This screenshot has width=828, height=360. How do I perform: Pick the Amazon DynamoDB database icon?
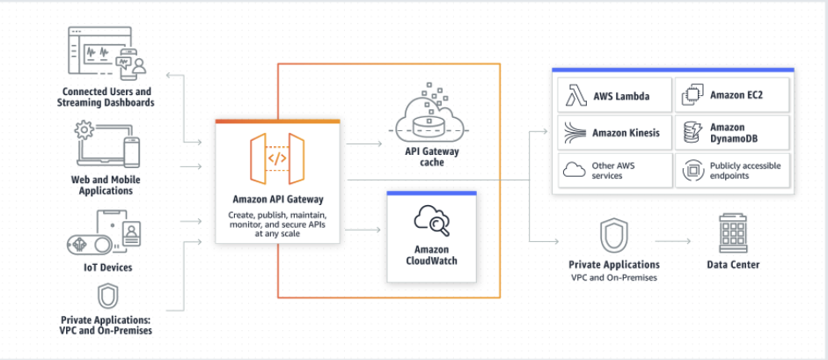pos(692,133)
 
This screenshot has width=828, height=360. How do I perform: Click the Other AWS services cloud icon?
pos(574,169)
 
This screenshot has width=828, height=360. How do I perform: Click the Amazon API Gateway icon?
pos(277,158)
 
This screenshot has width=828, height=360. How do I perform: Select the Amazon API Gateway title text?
pos(277,199)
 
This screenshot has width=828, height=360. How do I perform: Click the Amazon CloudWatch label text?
pos(431,254)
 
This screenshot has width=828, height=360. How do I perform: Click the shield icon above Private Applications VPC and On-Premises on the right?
pos(613,235)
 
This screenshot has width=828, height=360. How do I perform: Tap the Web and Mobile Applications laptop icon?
pos(106,146)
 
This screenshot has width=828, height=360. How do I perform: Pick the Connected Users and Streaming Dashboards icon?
pos(106,53)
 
